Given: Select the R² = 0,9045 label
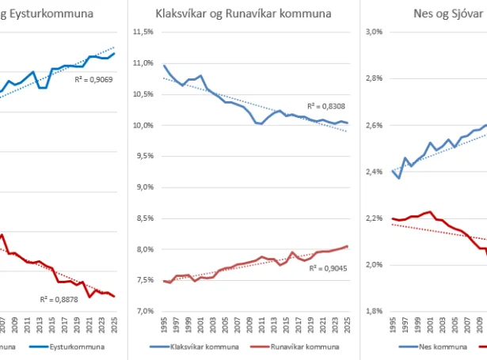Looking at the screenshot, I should click(325, 268).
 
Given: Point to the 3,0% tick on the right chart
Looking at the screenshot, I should click(374, 32).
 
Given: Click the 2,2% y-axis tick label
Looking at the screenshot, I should click(374, 218).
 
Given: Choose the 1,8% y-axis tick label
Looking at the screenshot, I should click(374, 311).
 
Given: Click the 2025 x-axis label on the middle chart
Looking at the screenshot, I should click(347, 326).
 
